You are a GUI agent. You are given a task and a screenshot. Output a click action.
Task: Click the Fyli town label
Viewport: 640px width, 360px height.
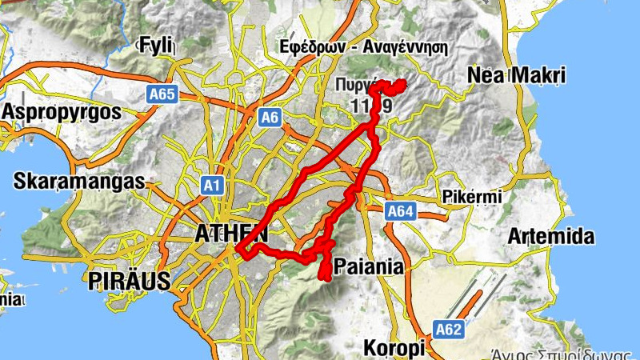point(156,46)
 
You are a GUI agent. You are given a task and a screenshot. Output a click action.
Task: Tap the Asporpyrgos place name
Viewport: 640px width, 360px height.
point(62,111)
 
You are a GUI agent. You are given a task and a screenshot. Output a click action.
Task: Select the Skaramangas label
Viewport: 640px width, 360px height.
point(78,182)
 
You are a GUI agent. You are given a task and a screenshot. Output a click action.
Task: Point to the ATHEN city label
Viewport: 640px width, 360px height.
point(230,234)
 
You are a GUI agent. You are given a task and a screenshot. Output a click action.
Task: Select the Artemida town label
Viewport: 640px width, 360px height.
point(551,237)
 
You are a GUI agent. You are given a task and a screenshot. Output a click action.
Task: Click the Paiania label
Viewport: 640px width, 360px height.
point(369,266)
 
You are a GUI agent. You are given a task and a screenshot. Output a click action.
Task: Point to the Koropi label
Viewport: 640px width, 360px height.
point(392,349)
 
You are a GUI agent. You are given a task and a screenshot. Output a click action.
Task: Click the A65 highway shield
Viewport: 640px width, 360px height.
point(162,95)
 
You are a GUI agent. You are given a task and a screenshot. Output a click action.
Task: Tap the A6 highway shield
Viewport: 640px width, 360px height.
point(270,118)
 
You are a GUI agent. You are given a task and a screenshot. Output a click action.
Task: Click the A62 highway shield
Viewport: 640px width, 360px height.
point(448,328)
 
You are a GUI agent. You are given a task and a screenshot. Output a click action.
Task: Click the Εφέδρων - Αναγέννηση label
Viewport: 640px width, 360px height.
point(363,46)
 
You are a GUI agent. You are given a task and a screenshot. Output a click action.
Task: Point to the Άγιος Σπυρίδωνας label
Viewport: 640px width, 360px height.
point(566,353)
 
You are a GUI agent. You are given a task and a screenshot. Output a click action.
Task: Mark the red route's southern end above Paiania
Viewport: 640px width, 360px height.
point(325,278)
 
